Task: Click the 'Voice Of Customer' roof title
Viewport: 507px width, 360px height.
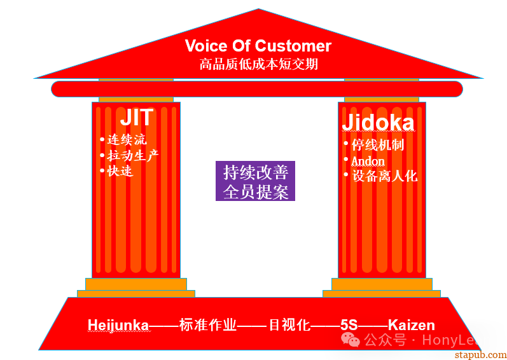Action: [x=258, y=46]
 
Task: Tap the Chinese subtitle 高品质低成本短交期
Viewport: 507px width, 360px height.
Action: [x=258, y=64]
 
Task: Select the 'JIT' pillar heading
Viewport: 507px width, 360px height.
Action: [x=136, y=117]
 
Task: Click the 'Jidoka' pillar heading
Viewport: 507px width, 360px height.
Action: [x=378, y=123]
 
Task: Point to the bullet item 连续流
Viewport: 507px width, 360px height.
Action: [x=127, y=140]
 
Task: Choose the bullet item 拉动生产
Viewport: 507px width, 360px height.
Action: [x=133, y=155]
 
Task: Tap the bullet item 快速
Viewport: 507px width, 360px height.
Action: [x=120, y=171]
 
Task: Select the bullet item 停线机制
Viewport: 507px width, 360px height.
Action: [x=378, y=145]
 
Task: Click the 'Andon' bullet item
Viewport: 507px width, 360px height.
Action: [x=368, y=161]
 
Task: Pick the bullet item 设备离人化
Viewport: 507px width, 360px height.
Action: [x=384, y=176]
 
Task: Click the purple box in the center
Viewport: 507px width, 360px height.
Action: [x=255, y=181]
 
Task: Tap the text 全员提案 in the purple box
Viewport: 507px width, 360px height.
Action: [x=256, y=191]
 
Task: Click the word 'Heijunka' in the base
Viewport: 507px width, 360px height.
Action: [x=118, y=326]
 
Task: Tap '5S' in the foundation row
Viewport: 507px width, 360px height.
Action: [x=349, y=326]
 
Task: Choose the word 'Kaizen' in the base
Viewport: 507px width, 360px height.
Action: [x=412, y=326]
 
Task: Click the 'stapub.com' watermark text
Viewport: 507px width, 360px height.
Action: [x=480, y=355]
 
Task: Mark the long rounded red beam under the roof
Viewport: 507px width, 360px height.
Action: [x=257, y=89]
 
